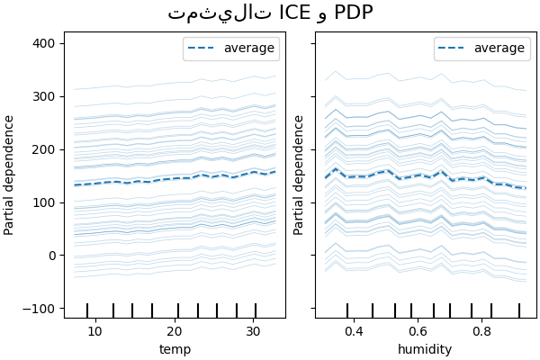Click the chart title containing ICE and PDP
[x=270, y=13]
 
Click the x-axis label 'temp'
[x=175, y=349]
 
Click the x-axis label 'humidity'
[x=426, y=349]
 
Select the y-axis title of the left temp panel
[x=10, y=175]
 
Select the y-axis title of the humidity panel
[x=300, y=175]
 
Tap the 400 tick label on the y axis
[x=45, y=43]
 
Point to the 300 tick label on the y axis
[x=45, y=96]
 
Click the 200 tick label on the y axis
[x=45, y=149]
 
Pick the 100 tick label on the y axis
[x=45, y=202]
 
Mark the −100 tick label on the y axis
[x=41, y=309]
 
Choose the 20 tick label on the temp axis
[x=177, y=330]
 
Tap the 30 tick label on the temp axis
[x=254, y=330]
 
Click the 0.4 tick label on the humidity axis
[x=353, y=330]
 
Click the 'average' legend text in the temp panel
[x=249, y=49]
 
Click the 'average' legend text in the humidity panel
[x=500, y=49]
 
